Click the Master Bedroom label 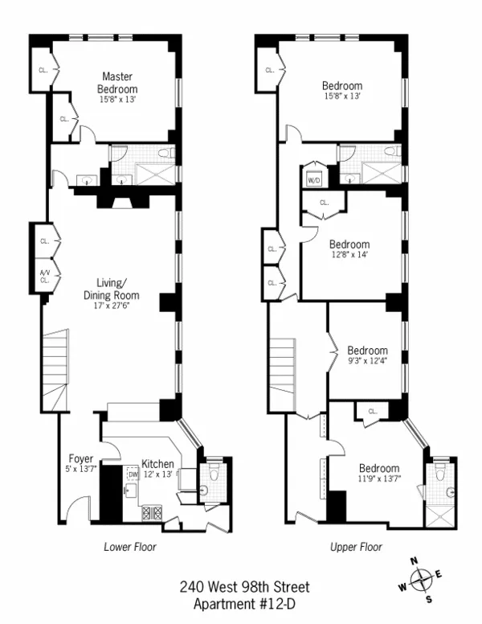[x=117, y=83]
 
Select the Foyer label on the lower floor [x=80, y=461]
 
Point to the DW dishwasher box [x=133, y=475]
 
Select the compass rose [x=422, y=578]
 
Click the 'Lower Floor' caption [x=129, y=547]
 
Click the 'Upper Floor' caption [x=356, y=547]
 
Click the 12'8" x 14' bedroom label [x=349, y=249]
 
